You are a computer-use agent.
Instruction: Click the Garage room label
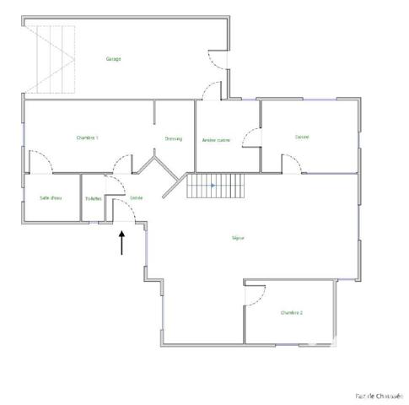113,59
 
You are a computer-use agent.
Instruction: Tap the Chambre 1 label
88,138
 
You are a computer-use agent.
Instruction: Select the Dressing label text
174,139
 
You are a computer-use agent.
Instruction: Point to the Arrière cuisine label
217,140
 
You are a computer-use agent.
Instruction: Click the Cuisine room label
302,137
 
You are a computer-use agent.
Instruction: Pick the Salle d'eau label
51,197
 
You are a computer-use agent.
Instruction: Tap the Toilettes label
93,198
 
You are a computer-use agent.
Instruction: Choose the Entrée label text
136,197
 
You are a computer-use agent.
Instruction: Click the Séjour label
238,238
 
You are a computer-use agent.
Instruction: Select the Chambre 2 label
292,312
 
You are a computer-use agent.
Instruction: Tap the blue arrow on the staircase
213,184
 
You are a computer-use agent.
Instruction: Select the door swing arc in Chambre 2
256,293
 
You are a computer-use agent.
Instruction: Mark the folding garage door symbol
52,59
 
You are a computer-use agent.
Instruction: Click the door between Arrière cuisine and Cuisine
250,138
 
